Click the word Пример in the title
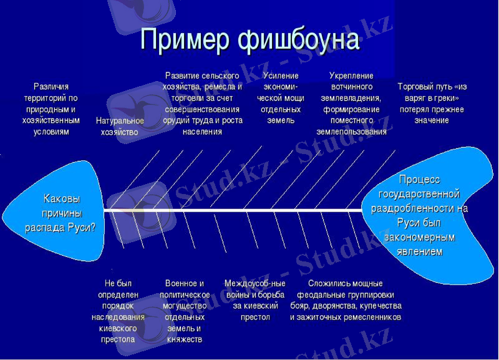pos(185,39)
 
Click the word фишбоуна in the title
pos(299,39)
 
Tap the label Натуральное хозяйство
pos(120,126)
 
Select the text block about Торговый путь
pos(432,103)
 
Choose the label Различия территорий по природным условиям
pos(51,109)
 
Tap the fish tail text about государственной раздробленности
pos(419,215)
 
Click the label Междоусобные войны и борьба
pos(254,300)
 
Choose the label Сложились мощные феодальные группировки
pos(346,300)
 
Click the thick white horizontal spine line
pos(237,211)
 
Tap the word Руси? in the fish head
pos(82,227)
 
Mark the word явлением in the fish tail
pos(419,251)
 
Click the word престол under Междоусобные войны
pos(255,318)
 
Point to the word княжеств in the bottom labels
pos(185,339)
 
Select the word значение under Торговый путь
pos(432,120)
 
